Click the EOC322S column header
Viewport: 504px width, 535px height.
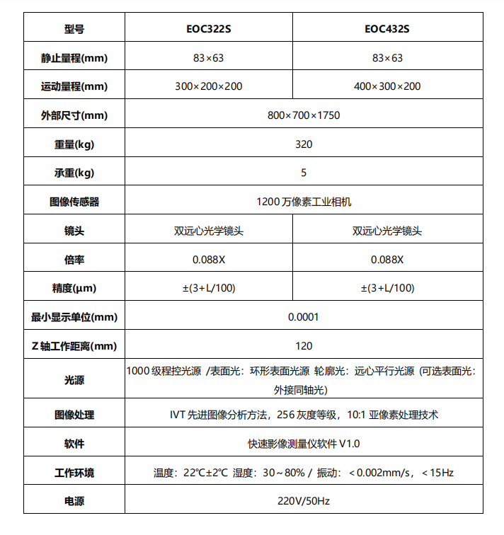[x=209, y=29]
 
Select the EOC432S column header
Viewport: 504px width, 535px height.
[x=387, y=29]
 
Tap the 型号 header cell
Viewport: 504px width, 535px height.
[x=74, y=29]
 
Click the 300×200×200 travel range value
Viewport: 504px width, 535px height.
[x=209, y=86]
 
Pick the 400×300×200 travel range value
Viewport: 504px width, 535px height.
[x=387, y=86]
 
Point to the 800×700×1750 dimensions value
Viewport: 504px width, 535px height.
[x=304, y=115]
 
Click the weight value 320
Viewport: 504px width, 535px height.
[x=304, y=144]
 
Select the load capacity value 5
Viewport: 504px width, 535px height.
[x=304, y=173]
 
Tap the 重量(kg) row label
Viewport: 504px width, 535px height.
[x=74, y=144]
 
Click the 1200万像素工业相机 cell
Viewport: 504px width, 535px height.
[x=304, y=202]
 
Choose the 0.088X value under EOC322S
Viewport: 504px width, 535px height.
[x=209, y=259]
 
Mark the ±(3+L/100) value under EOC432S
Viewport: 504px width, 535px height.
[x=387, y=288]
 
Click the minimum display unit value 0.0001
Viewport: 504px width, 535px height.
[x=304, y=317]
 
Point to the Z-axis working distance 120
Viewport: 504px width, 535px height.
[x=304, y=346]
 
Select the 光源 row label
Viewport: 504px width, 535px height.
[x=74, y=380]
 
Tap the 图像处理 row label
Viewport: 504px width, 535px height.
[x=74, y=415]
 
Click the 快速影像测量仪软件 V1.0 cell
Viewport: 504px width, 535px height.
[x=304, y=444]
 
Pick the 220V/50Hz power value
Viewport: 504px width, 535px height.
[x=304, y=501]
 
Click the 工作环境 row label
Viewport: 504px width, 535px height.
[x=74, y=472]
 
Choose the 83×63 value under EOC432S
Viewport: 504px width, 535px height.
[x=387, y=58]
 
